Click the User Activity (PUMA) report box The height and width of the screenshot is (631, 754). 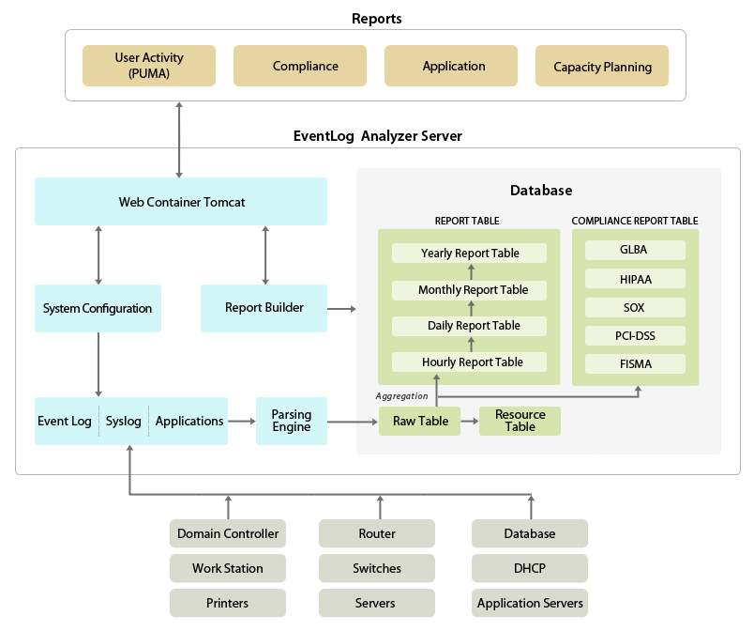[149, 66]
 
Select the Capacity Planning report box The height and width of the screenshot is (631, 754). [602, 67]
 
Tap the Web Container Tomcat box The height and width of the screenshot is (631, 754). [181, 202]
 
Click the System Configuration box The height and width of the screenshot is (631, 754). [98, 308]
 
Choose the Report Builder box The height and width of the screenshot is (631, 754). [264, 308]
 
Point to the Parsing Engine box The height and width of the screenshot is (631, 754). [291, 421]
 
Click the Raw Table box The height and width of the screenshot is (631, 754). [420, 422]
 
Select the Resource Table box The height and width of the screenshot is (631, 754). [520, 421]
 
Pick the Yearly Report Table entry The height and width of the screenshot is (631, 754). [469, 254]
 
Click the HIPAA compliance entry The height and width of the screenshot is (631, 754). [634, 279]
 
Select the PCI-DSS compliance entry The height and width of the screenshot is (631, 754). [634, 335]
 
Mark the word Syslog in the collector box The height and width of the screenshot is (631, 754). [124, 421]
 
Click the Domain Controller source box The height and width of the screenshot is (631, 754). [228, 533]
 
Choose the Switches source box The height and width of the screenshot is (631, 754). [377, 568]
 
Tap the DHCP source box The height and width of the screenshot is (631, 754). [530, 568]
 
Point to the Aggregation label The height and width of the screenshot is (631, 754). [401, 396]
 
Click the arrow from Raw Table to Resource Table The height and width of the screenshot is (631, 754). [470, 422]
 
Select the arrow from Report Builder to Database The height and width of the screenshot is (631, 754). [342, 308]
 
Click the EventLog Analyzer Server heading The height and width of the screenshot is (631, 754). [377, 136]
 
